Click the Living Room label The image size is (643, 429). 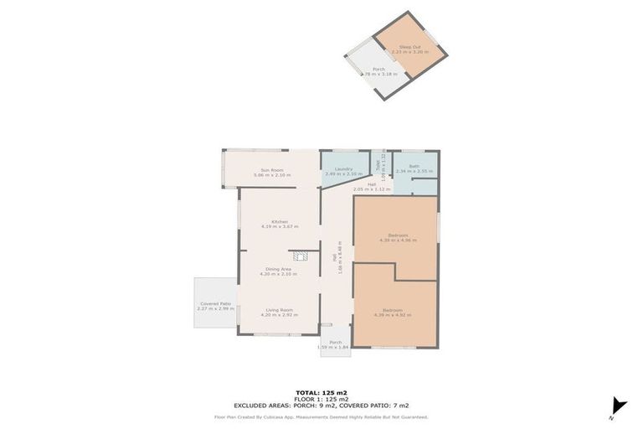[x=279, y=312]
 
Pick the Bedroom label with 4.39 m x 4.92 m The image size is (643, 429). [x=398, y=312]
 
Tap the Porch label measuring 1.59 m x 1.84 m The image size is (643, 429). [x=335, y=344]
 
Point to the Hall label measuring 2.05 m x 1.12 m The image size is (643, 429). [x=372, y=186]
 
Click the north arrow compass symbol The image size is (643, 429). [x=617, y=406]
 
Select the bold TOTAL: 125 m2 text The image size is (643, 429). [x=321, y=391]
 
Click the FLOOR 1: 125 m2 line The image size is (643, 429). [x=321, y=398]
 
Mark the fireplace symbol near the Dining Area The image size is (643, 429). [x=301, y=256]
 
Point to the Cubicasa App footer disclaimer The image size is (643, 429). [x=321, y=416]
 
